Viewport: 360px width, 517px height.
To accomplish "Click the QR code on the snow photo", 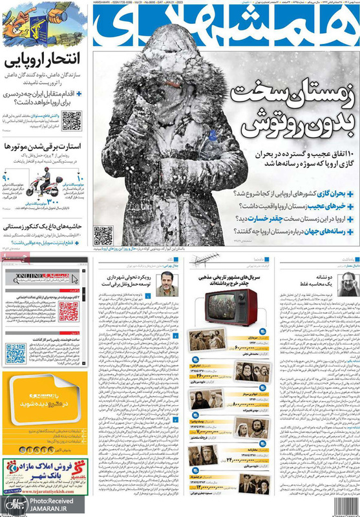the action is (103, 235).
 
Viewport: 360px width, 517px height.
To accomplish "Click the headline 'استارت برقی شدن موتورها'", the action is (46, 147).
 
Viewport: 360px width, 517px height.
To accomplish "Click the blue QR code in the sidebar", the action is (16, 354).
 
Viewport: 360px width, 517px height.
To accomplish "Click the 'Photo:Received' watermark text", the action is (52, 501).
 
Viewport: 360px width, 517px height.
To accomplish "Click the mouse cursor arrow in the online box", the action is (74, 279).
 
